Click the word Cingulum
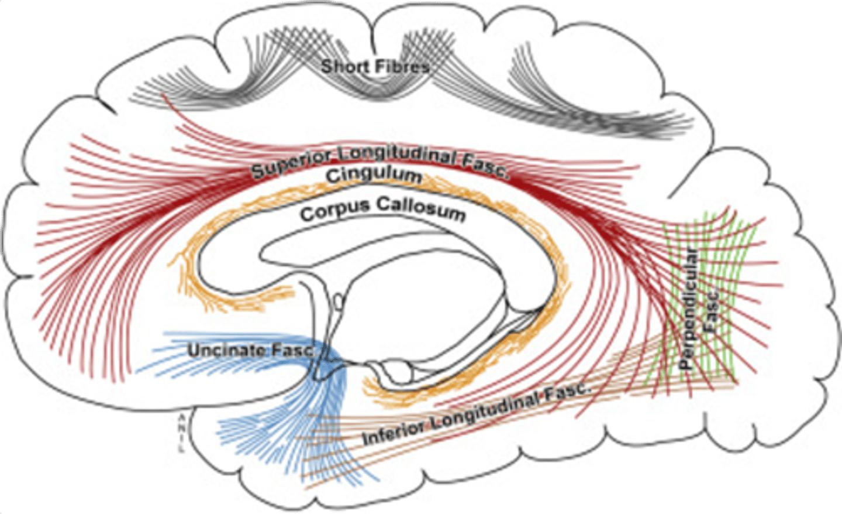coord(374,175)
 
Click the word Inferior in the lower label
coord(395,430)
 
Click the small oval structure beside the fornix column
coord(337,301)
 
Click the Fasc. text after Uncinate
coord(293,351)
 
